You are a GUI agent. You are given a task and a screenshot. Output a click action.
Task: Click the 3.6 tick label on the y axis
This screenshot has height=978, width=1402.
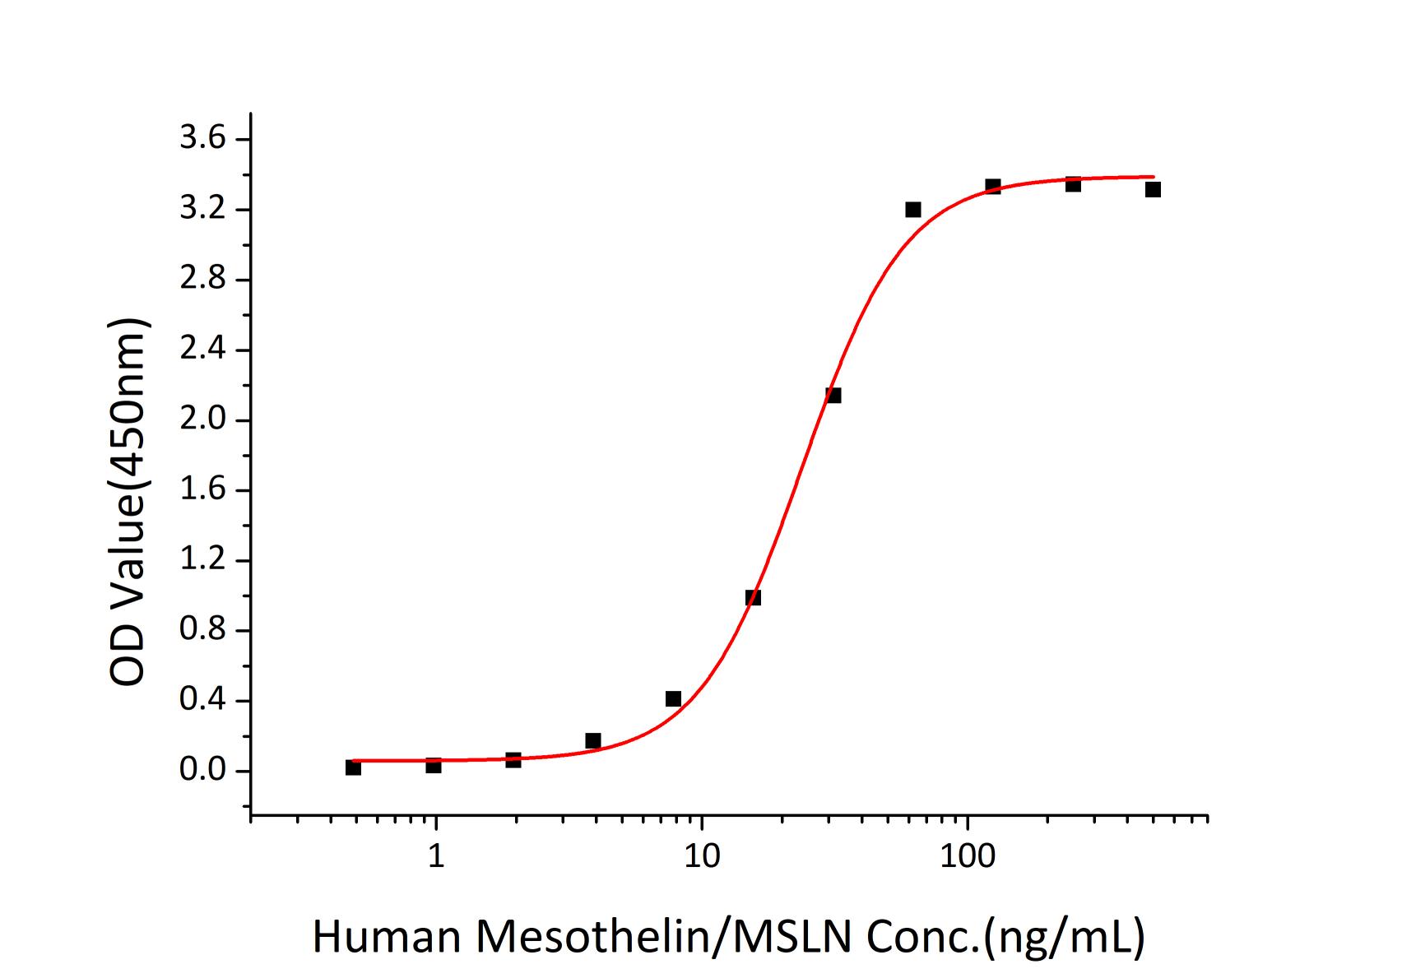pyautogui.click(x=202, y=139)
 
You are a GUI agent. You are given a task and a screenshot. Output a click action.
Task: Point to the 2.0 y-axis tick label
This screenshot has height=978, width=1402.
pyautogui.click(x=202, y=420)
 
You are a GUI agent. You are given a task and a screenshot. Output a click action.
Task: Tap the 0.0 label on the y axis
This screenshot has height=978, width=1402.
pyautogui.click(x=202, y=772)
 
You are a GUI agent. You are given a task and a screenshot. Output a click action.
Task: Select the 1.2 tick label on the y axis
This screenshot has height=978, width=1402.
pyautogui.click(x=202, y=561)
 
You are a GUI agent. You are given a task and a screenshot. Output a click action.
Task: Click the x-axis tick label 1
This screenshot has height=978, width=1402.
pyautogui.click(x=436, y=856)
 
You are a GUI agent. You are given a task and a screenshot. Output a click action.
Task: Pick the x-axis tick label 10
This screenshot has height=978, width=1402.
pyautogui.click(x=701, y=856)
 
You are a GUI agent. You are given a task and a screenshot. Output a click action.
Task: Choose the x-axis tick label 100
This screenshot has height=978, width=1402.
pyautogui.click(x=967, y=856)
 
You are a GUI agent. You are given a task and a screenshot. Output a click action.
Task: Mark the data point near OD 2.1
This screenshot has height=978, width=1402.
pyautogui.click(x=833, y=396)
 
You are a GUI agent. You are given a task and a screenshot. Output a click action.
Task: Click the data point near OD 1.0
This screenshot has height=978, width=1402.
pyautogui.click(x=753, y=598)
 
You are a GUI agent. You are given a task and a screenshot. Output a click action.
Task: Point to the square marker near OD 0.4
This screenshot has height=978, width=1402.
pyautogui.click(x=673, y=699)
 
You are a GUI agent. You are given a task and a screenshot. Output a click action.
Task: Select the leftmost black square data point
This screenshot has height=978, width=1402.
pyautogui.click(x=353, y=767)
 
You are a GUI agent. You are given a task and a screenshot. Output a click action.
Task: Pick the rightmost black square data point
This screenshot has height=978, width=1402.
pyautogui.click(x=1153, y=190)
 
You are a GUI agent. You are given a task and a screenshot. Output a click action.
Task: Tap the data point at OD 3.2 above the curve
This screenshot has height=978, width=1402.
pyautogui.click(x=913, y=210)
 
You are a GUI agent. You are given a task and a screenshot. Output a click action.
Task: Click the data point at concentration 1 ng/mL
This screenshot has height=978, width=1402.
pyautogui.click(x=434, y=766)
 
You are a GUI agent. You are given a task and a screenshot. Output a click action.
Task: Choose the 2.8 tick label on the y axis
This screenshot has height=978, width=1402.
pyautogui.click(x=202, y=280)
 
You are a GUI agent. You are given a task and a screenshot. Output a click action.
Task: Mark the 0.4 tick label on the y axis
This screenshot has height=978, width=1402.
pyautogui.click(x=202, y=701)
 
